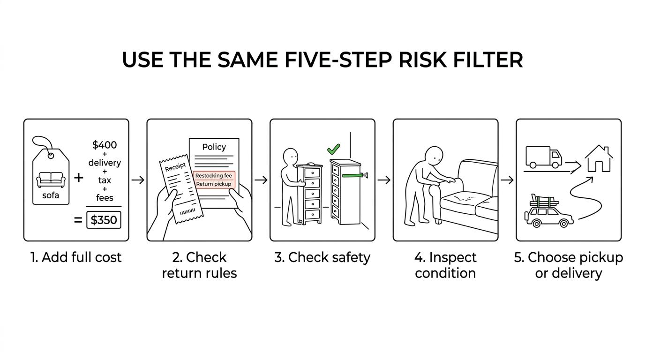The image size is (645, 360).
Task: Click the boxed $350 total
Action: [x=104, y=220]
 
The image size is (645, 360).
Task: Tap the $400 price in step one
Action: [x=105, y=144]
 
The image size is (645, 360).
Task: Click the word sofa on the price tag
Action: [x=51, y=195]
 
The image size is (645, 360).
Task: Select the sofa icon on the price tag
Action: [x=51, y=180]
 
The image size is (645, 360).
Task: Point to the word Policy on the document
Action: [x=214, y=147]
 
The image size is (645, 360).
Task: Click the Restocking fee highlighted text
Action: [x=214, y=175]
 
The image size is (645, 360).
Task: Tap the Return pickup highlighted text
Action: [x=214, y=184]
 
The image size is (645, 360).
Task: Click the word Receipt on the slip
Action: [x=175, y=167]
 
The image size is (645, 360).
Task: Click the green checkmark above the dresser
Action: [x=333, y=149]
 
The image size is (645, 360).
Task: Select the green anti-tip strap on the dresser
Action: [x=352, y=175]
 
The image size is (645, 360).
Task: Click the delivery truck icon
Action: [x=544, y=157]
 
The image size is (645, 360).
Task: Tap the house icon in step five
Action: [x=599, y=159]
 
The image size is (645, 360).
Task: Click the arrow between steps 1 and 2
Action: [x=138, y=180]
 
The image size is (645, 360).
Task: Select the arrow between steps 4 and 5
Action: [x=507, y=180]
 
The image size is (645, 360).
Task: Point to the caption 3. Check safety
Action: [x=322, y=257]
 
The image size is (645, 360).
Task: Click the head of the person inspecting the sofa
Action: [x=434, y=156]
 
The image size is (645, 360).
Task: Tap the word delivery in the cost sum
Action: [x=105, y=163]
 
